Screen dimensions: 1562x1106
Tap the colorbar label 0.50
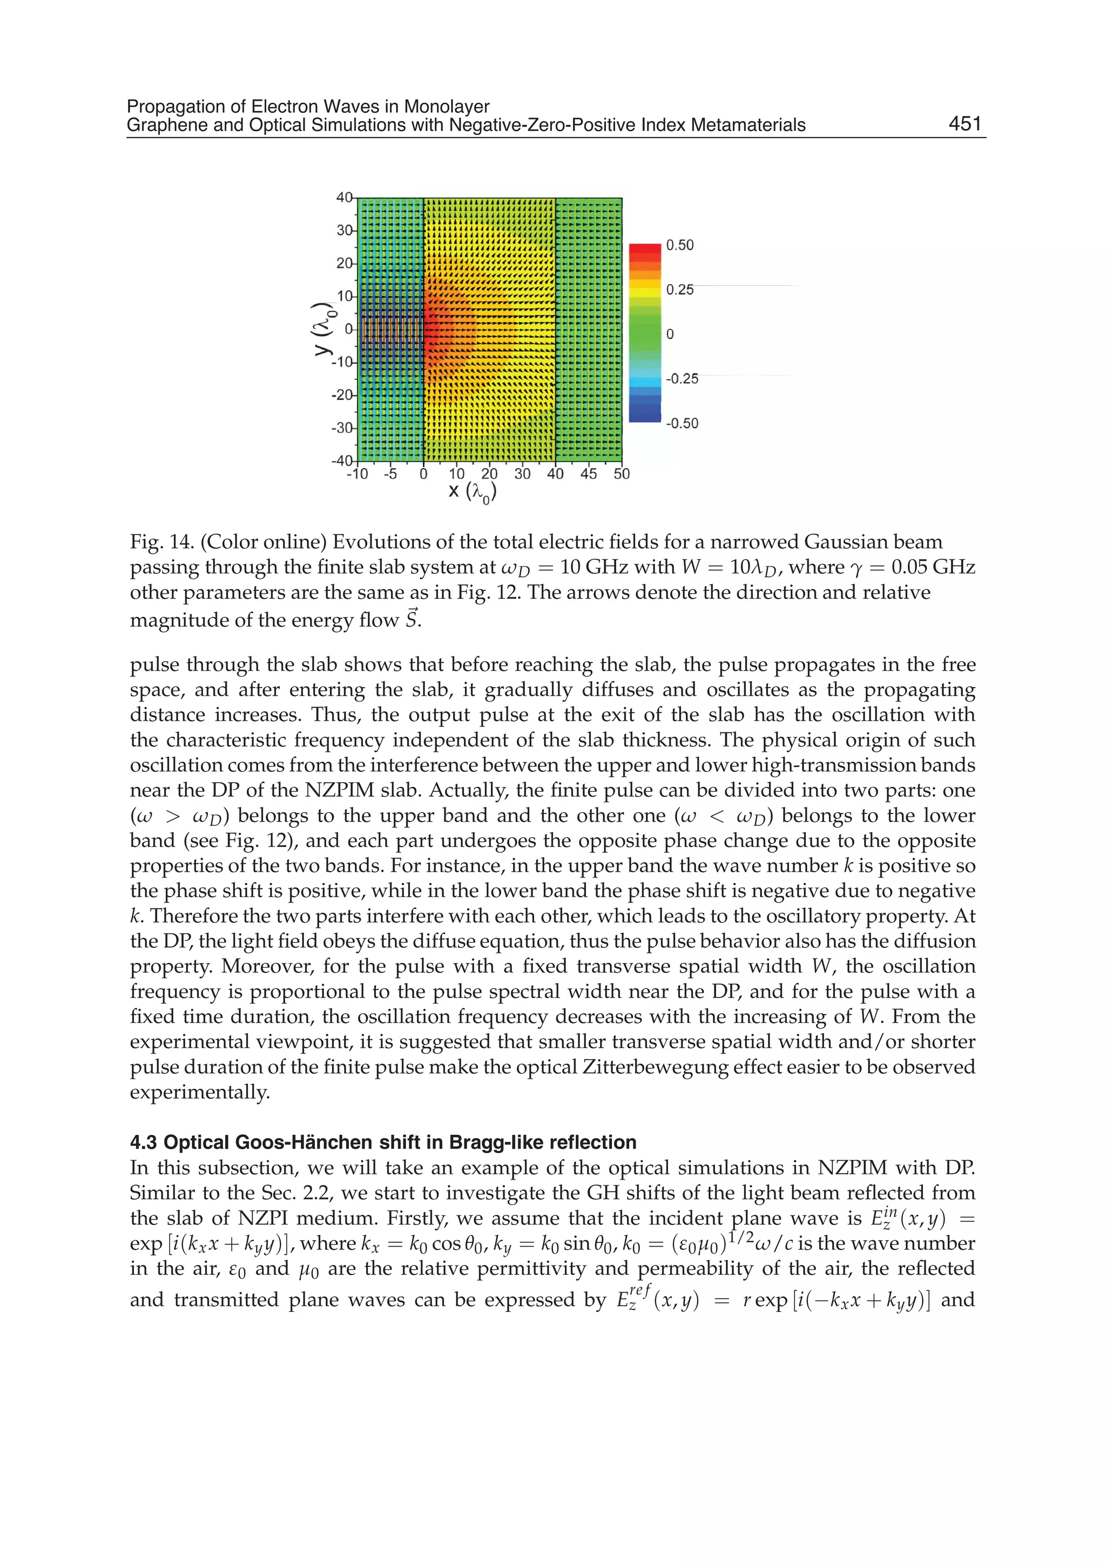[x=680, y=245]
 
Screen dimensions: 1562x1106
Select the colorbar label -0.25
[x=682, y=379]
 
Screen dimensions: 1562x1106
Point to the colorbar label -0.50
[x=682, y=423]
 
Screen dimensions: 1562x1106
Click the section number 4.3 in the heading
[x=144, y=1142]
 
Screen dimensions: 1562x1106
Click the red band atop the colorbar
[x=644, y=248]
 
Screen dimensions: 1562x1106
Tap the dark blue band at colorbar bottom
[x=644, y=416]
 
